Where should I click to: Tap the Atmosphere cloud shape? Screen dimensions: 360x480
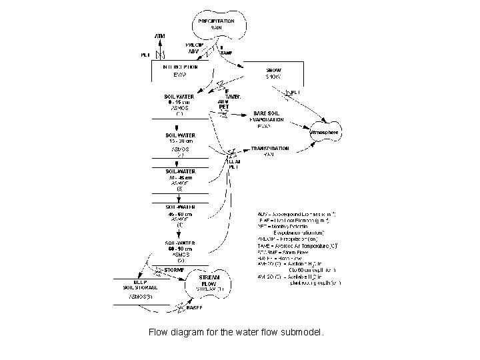pos(325,132)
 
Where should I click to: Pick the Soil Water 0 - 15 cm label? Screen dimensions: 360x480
pos(179,99)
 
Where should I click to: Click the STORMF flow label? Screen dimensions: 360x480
pos(174,270)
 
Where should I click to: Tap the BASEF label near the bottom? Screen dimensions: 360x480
pos(194,308)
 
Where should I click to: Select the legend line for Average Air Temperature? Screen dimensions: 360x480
pos(296,245)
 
